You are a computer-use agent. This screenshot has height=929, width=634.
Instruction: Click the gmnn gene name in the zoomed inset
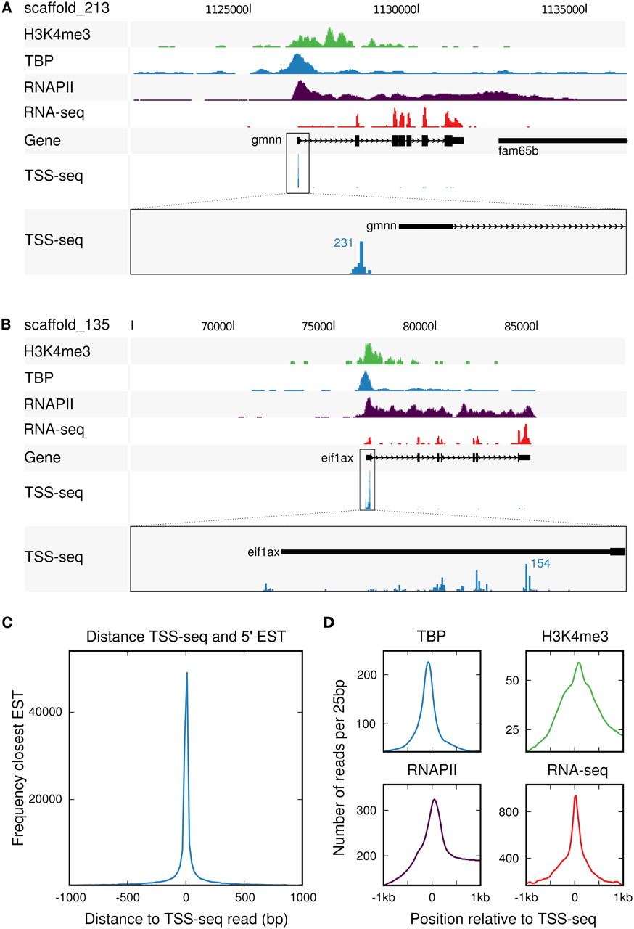tap(382, 226)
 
